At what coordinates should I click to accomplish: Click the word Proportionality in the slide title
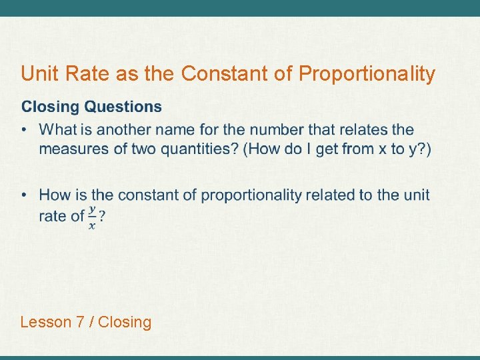pos(367,74)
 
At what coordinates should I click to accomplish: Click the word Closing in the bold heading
pos(51,107)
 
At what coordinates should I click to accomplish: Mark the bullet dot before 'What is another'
pos(25,130)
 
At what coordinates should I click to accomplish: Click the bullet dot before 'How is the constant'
pos(25,195)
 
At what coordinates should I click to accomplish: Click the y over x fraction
pos(92,217)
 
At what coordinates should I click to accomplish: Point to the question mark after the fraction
pos(102,217)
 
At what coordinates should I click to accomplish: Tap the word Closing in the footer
pos(127,323)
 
